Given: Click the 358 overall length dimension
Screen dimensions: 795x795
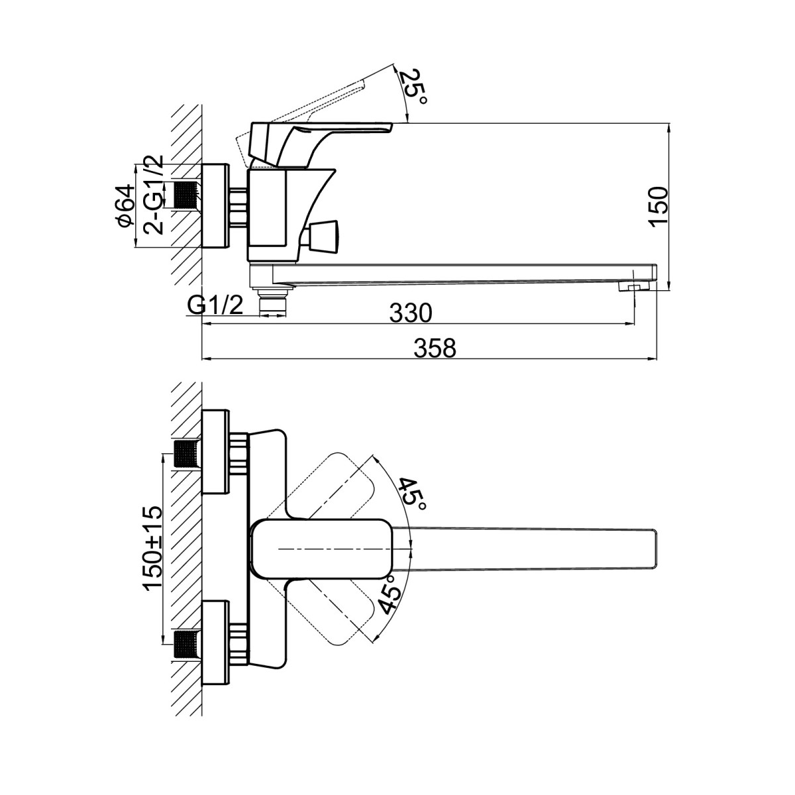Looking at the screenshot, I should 436,347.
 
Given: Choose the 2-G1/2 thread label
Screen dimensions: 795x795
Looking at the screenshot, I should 154,195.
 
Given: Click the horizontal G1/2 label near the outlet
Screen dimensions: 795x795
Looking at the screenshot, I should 215,306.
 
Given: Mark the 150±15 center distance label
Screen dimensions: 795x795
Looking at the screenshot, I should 153,548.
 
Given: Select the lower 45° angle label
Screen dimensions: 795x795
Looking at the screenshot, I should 390,596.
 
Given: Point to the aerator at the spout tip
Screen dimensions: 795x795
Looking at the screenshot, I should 631,287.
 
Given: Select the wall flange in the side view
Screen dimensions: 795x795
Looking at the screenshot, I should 215,206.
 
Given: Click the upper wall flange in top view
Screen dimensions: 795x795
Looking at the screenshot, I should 216,452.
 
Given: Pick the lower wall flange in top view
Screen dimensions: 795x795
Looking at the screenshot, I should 216,643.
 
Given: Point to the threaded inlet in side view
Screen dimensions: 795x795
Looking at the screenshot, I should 187,195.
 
